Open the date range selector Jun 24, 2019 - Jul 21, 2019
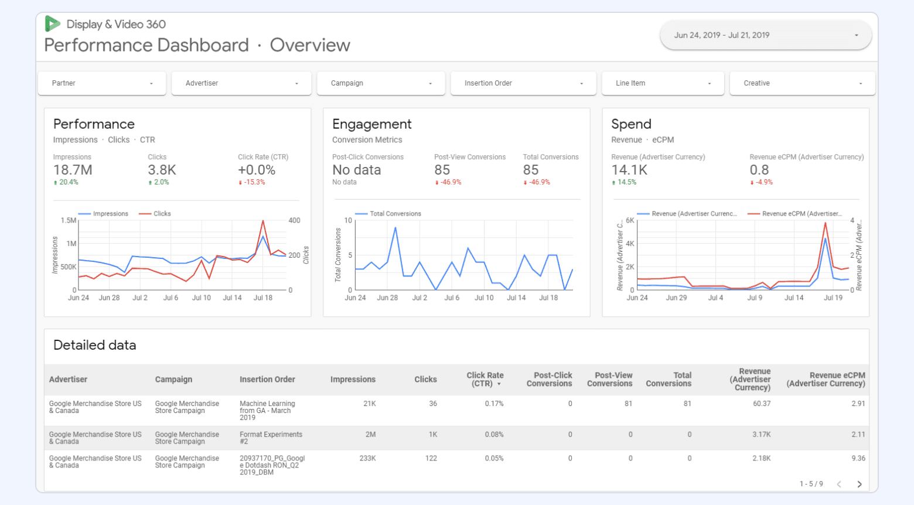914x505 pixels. pos(765,35)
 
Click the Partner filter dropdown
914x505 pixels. pos(102,83)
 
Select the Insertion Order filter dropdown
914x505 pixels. pos(523,83)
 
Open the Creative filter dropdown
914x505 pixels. pos(802,83)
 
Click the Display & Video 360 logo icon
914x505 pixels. pos(53,24)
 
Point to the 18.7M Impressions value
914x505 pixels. pos(73,170)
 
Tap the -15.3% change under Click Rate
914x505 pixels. pos(254,182)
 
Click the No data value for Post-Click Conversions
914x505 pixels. pos(356,170)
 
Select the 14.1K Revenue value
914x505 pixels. pos(629,170)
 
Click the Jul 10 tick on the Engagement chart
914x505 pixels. pos(484,298)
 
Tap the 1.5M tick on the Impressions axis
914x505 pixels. pos(69,220)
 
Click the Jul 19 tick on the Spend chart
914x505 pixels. pos(833,298)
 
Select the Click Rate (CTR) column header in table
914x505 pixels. pos(485,379)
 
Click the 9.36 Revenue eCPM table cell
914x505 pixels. pos(858,458)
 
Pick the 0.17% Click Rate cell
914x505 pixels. pos(494,404)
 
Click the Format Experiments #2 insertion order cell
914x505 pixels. pos(271,438)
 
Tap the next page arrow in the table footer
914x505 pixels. pos(860,484)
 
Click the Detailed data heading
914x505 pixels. pos(95,345)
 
